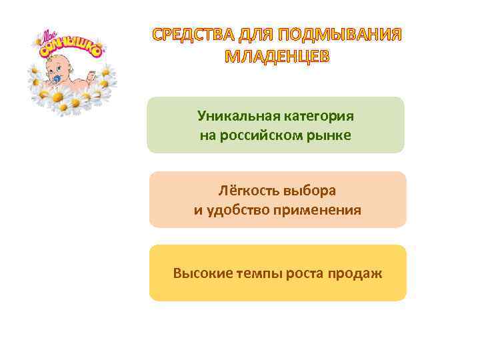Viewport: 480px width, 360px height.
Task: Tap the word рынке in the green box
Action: [333, 136]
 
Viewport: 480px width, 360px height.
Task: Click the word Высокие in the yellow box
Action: [199, 273]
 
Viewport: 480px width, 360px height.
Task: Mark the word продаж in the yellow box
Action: [355, 273]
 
